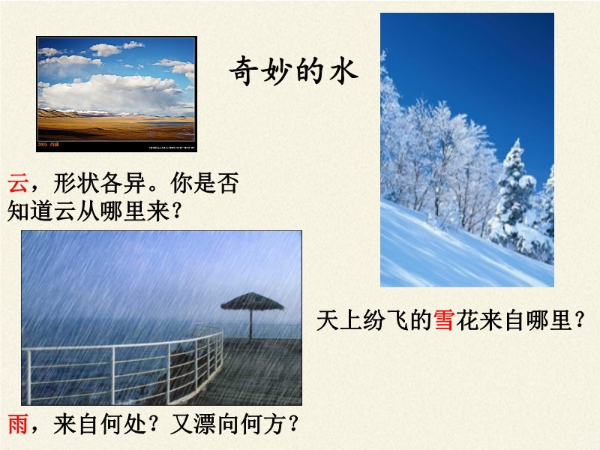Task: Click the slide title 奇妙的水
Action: click(x=293, y=71)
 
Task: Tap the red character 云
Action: click(x=18, y=183)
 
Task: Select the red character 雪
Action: click(x=444, y=320)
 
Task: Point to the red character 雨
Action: click(x=18, y=424)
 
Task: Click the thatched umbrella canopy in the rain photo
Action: click(x=252, y=301)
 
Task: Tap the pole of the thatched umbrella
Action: click(x=250, y=325)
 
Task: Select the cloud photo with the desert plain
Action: click(x=116, y=94)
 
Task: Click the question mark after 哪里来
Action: click(x=176, y=211)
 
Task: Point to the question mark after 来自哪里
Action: click(x=580, y=321)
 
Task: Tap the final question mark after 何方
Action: click(x=293, y=424)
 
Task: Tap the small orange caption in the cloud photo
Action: click(x=48, y=145)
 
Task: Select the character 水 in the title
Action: click(x=343, y=71)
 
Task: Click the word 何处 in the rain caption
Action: click(x=123, y=424)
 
